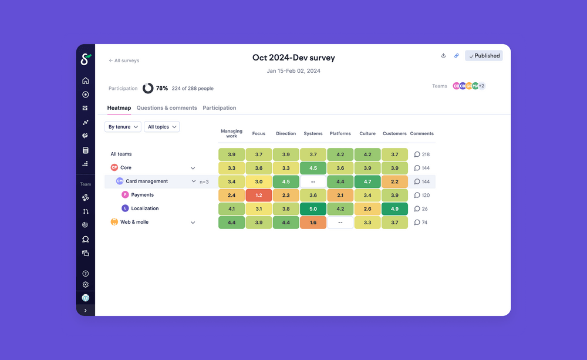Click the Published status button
pos(484,56)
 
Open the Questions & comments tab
pos(167,108)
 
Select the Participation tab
pos(220,108)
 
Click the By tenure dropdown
pos(123,127)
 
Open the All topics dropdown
pos(161,127)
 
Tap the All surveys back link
pos(124,60)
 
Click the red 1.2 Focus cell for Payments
pos(259,195)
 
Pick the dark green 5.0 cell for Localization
pos(313,208)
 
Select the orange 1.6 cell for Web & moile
pos(313,223)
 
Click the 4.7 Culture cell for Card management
pos(367,181)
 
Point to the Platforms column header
pos(340,134)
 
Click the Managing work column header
pos(231,133)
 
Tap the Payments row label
pos(142,195)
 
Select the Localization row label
pos(144,208)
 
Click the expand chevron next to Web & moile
pos(193,223)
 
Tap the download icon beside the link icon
pos(443,56)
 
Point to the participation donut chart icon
pos(148,88)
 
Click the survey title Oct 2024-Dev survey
pos(293,58)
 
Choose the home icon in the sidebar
pos(86,81)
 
